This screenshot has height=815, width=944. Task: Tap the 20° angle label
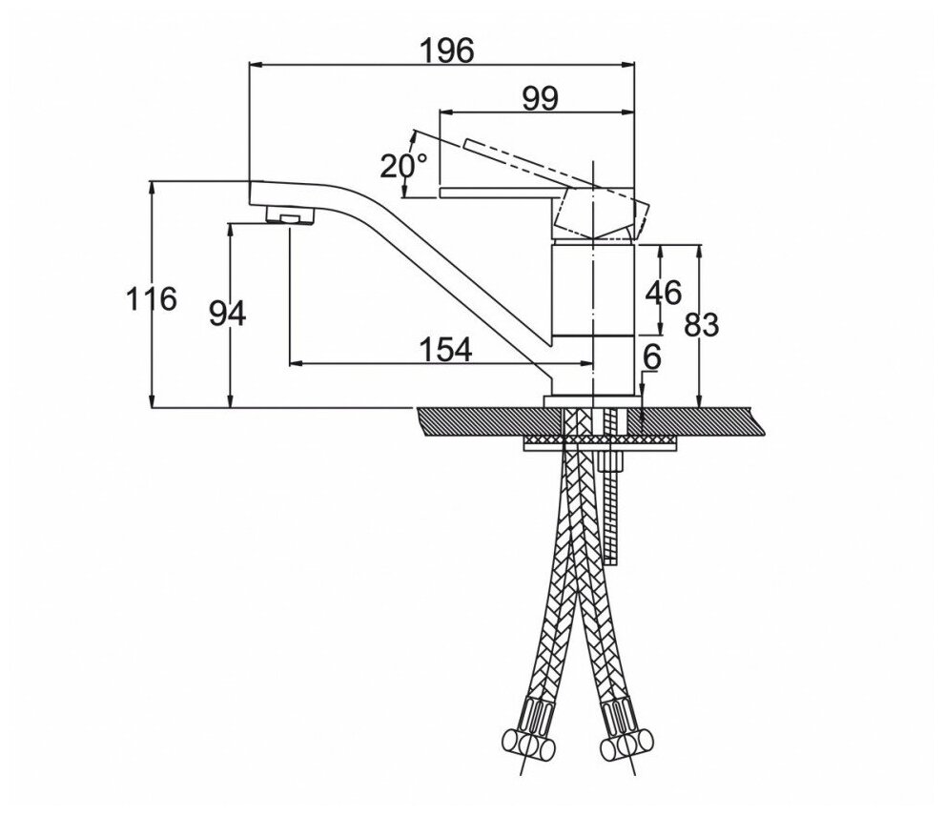[402, 166]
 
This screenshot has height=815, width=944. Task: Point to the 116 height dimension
[152, 298]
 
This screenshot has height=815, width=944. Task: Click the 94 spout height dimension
[228, 312]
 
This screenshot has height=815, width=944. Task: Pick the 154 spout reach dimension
[446, 350]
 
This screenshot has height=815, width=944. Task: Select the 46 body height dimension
[663, 293]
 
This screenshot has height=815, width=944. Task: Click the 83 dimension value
[701, 325]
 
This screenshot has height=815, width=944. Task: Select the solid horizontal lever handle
[496, 194]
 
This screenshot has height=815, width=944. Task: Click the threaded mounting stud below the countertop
[613, 496]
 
